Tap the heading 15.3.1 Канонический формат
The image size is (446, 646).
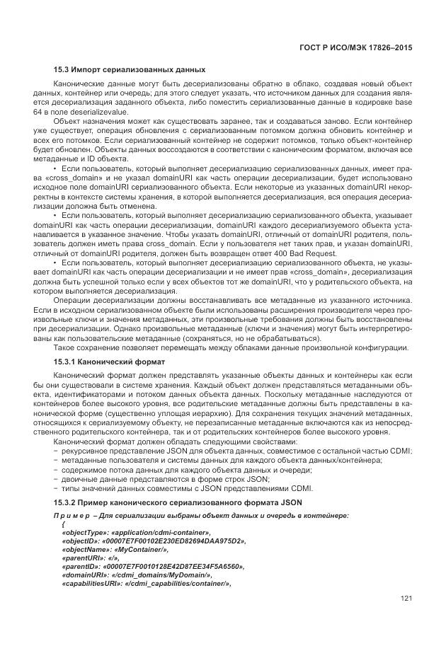109,362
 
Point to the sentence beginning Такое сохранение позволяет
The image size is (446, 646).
231,347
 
